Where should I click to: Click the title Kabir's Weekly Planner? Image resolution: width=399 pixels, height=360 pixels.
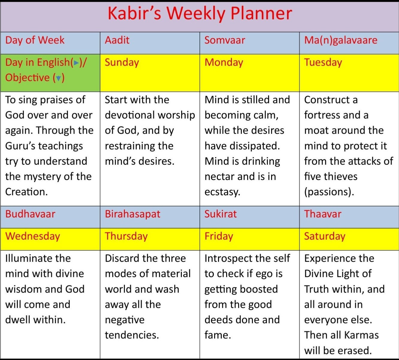point(200,13)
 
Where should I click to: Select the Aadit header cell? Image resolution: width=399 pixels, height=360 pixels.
point(150,43)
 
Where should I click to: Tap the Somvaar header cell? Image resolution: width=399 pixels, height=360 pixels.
point(250,43)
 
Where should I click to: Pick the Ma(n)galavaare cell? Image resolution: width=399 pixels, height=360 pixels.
point(349,43)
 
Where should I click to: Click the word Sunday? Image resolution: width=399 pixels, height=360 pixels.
point(122,63)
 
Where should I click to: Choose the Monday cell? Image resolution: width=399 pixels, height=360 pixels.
point(250,73)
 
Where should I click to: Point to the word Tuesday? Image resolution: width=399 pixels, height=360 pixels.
point(323,63)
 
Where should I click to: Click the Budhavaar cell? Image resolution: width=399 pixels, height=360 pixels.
point(50,217)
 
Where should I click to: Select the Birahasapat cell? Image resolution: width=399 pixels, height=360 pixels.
point(150,217)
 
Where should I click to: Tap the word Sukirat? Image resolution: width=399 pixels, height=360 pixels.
point(220,214)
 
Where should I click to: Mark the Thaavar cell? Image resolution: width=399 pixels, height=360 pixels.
point(349,217)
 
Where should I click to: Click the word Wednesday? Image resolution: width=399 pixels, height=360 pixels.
point(33,237)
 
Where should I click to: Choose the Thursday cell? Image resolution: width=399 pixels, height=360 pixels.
point(150,239)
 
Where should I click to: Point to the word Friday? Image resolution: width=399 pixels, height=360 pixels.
point(219,237)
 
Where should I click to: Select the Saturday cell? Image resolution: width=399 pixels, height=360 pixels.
point(349,239)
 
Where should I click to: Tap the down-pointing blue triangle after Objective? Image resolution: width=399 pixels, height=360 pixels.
point(58,78)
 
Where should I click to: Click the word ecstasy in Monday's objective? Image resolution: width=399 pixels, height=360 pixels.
point(222,192)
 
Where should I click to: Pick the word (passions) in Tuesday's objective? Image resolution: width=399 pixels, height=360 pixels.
point(329,192)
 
